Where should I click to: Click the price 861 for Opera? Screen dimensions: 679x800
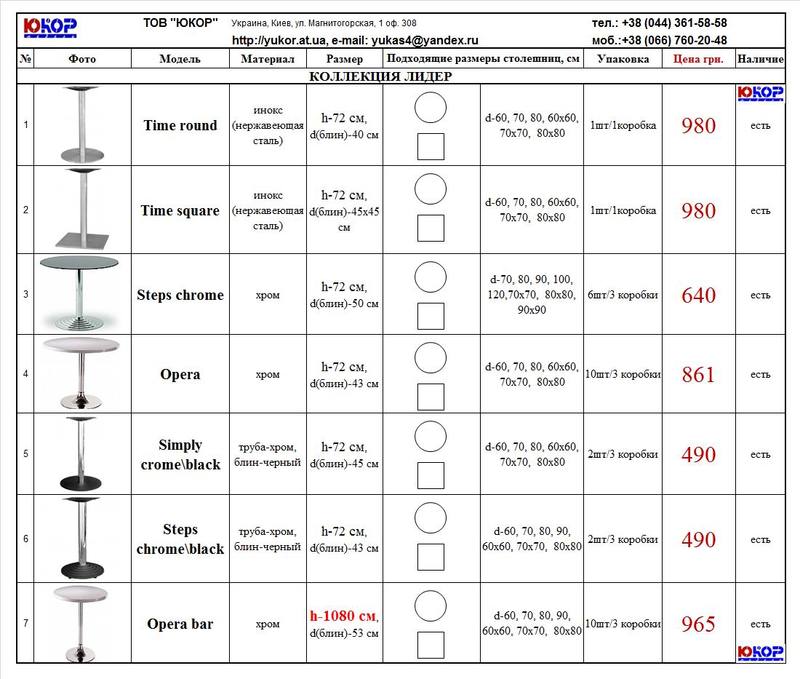698,375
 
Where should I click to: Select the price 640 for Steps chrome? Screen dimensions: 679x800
698,295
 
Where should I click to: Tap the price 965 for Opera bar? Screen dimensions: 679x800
698,624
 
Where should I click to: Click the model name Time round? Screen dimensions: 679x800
180,126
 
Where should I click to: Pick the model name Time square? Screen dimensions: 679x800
180,211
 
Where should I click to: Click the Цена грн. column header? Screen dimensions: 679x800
698,59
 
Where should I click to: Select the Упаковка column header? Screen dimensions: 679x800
622,59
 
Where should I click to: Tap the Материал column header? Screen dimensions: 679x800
267,59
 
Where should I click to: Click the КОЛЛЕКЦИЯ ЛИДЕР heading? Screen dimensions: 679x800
380,77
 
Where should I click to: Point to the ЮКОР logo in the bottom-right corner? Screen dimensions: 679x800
759,650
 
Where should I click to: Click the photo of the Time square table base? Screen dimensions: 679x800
81,211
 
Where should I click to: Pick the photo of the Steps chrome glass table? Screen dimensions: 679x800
81,294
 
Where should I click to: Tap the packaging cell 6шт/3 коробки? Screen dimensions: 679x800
622,295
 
